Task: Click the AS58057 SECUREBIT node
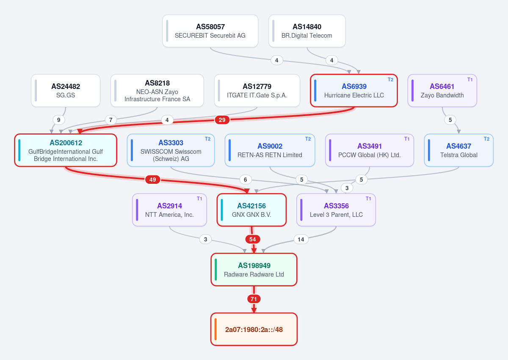coord(210,31)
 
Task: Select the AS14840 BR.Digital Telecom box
coord(307,31)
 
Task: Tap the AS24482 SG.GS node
coord(66,91)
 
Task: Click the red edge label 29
coord(222,120)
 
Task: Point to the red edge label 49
coord(153,180)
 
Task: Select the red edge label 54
coord(253,239)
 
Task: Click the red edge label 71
coord(254,299)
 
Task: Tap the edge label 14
coord(301,239)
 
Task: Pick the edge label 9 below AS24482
coord(58,120)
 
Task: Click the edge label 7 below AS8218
coord(110,120)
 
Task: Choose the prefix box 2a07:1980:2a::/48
coord(254,330)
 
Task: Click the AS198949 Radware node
coord(254,269)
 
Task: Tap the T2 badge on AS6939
coord(390,80)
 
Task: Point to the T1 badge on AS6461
coord(470,80)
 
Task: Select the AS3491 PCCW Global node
coord(370,150)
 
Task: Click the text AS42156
coord(251,206)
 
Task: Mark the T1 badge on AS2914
coord(199,199)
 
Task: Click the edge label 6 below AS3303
coord(246,180)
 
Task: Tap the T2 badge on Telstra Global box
coord(486,139)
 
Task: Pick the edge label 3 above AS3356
coord(347,188)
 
